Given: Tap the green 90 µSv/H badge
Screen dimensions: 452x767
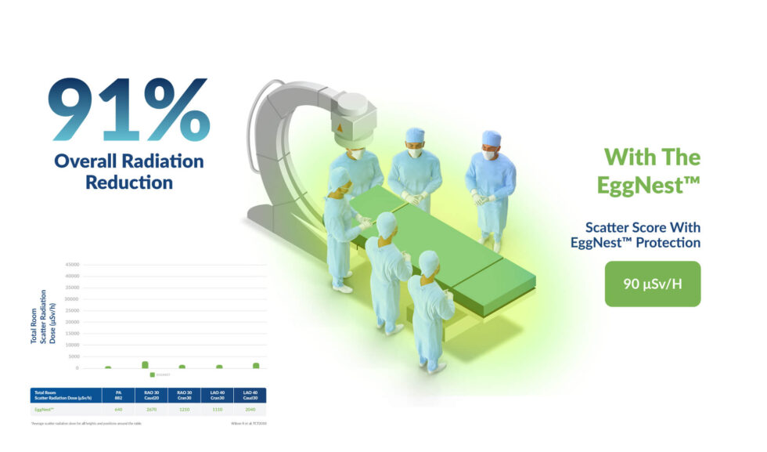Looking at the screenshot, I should pyautogui.click(x=652, y=284).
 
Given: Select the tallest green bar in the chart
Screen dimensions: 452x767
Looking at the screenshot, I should pyautogui.click(x=145, y=364).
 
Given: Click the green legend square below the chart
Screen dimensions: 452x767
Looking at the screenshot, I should pyautogui.click(x=152, y=374).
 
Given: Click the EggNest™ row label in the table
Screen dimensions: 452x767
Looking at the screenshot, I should pyautogui.click(x=45, y=409).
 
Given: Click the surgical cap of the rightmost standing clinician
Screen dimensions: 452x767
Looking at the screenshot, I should pyautogui.click(x=492, y=138).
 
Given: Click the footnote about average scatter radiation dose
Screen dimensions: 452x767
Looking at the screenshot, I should pyautogui.click(x=86, y=424).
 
